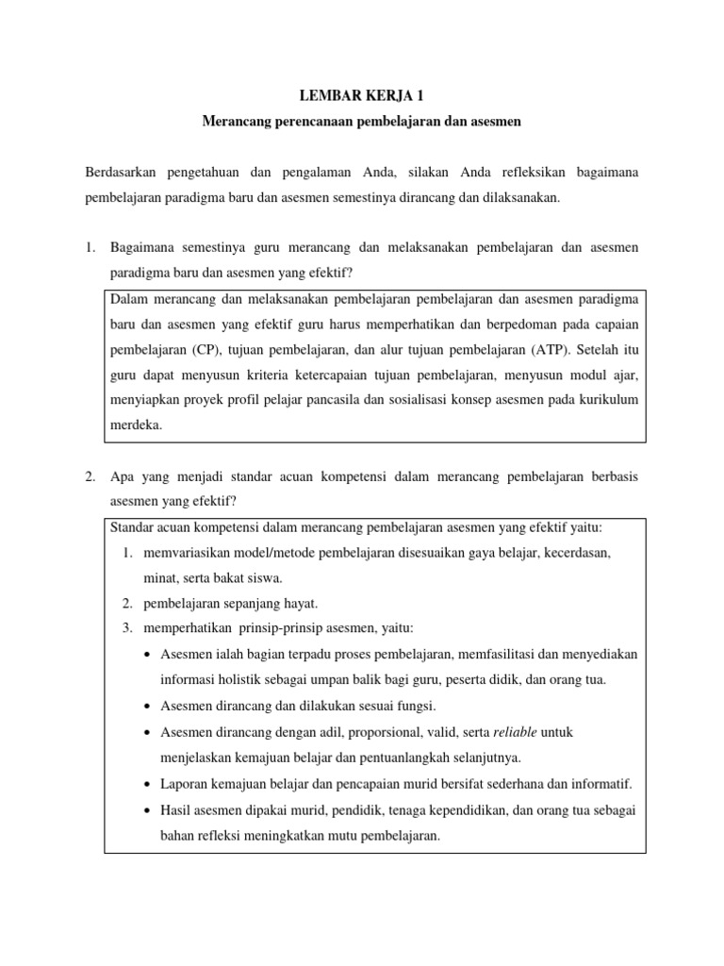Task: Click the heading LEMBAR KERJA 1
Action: click(363, 94)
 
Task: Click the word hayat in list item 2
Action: click(300, 603)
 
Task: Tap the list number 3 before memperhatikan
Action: click(127, 628)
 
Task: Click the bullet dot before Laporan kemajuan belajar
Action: click(151, 784)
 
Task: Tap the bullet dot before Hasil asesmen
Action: click(151, 809)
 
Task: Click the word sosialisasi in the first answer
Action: click(437, 400)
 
